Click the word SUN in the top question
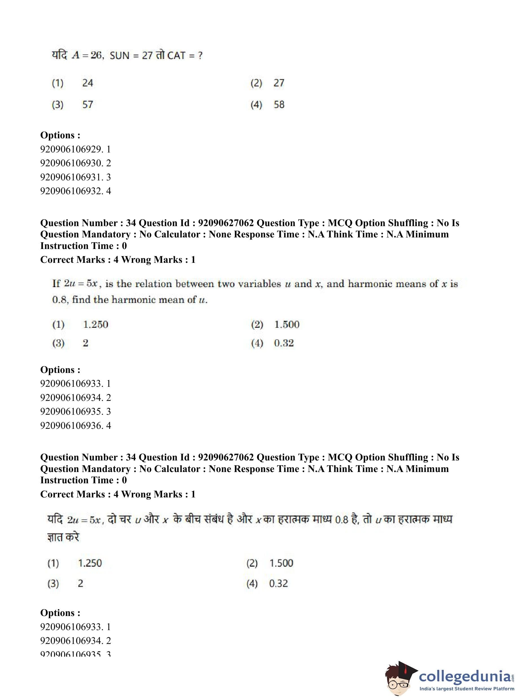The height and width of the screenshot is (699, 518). coord(119,56)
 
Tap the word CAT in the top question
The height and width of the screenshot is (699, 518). coord(176,56)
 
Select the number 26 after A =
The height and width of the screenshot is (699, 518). coord(96,55)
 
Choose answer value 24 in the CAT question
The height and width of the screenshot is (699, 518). coord(87,83)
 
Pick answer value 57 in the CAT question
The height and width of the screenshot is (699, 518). coord(87,104)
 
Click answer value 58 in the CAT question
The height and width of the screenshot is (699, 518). coord(279,104)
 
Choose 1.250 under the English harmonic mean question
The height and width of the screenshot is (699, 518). coord(96,324)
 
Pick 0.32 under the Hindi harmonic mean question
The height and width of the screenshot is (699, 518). coord(278,583)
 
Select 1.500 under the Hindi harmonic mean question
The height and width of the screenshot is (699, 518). coord(281,563)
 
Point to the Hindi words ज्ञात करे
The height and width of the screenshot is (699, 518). coord(63,537)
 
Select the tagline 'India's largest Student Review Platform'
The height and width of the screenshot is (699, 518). coord(467,689)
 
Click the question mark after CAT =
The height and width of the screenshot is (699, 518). coord(200,56)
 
